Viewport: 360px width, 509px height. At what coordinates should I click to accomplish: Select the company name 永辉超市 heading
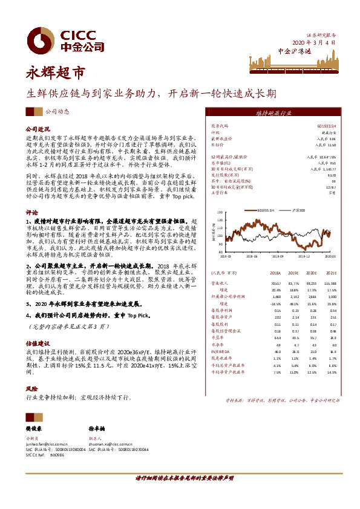click(x=55, y=74)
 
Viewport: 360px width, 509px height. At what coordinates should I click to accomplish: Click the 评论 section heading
click(x=31, y=213)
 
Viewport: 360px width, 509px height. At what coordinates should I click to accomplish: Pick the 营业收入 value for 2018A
click(x=276, y=282)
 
